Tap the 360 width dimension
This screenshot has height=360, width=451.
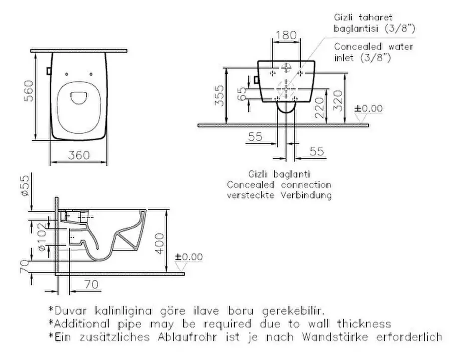(79, 155)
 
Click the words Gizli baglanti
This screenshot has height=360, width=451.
(279, 174)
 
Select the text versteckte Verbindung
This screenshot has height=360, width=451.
(279, 195)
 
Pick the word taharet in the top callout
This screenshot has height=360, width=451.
(372, 17)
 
